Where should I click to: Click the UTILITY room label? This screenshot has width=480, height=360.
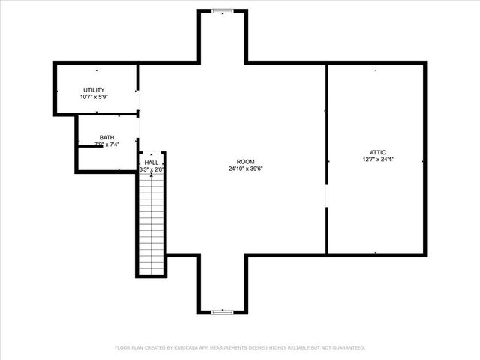point(94,90)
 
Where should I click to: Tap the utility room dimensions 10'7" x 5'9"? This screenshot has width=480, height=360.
point(94,97)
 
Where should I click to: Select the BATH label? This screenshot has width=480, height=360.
point(106,137)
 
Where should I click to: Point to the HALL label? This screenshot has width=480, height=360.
point(151,162)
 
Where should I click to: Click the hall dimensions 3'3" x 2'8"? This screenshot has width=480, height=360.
point(151,169)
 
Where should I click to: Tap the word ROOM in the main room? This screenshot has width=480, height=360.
point(245,162)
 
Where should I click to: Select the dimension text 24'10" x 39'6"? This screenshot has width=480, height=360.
point(245,169)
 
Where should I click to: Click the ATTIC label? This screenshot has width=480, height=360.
point(376,151)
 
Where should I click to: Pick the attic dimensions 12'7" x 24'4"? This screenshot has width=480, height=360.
point(376,159)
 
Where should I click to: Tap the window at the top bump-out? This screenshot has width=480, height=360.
point(222,10)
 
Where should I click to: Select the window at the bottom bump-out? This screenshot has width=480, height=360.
point(222,311)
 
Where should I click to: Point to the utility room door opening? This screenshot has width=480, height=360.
point(138,102)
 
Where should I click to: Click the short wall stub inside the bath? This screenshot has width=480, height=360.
point(91,146)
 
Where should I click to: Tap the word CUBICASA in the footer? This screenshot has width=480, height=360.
point(193,348)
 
